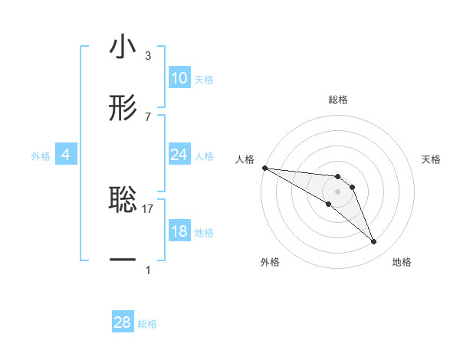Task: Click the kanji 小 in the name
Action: tap(123, 47)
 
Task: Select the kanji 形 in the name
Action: tap(123, 108)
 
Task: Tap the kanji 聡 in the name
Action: tap(123, 200)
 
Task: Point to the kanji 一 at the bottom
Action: tap(123, 260)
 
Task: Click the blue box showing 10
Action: tap(179, 78)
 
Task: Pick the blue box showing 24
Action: tap(179, 155)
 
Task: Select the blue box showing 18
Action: tap(179, 231)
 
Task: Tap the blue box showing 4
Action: tap(65, 155)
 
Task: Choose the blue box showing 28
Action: tap(123, 322)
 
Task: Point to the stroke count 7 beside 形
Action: tap(148, 116)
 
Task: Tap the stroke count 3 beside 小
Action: tap(148, 56)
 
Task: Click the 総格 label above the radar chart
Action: tap(338, 100)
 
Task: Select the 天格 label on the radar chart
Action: tap(432, 159)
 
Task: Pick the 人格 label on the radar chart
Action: tap(245, 159)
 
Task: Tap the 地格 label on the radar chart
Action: tap(402, 262)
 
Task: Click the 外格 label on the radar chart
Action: tap(270, 262)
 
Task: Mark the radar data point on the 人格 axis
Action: tap(264, 168)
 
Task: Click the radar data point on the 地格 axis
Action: tap(374, 242)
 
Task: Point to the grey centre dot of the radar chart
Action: tap(338, 191)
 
